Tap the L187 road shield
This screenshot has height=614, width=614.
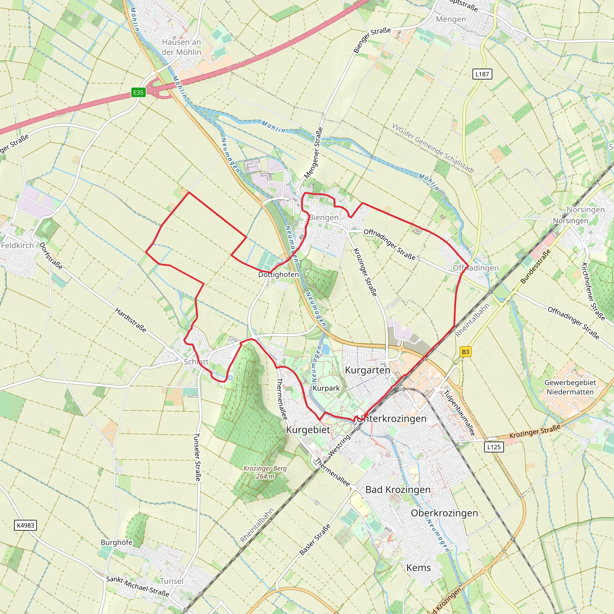coord(482,74)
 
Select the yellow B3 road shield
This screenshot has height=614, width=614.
coord(465,352)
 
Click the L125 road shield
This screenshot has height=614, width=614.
coord(494,447)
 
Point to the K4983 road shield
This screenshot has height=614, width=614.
coord(25,525)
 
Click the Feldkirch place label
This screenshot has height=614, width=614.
coord(17,245)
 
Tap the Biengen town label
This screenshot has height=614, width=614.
coord(324,217)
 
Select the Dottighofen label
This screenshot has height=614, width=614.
coord(279,274)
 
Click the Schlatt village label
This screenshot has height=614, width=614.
coord(196,362)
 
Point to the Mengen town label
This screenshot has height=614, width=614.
coord(451,19)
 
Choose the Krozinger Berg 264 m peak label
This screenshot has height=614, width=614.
coord(265,472)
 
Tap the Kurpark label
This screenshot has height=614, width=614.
coord(326,388)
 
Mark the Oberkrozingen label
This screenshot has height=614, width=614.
coord(444,513)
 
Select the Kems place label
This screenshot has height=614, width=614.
coord(419,568)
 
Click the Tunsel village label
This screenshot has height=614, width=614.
coord(171,581)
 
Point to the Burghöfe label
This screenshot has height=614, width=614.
coord(116,542)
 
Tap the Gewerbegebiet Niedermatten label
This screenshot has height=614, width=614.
coord(570,387)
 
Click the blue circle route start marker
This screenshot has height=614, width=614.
coord(230,378)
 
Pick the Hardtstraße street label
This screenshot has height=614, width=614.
coord(131,320)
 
